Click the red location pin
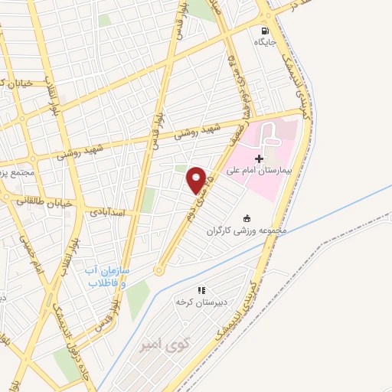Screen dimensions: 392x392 tap(197, 179)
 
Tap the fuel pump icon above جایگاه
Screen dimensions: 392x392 tap(265, 31)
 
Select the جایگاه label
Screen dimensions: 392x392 tap(265, 43)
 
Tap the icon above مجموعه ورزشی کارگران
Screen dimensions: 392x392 tap(247, 198)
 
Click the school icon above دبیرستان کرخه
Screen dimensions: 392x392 tap(202, 290)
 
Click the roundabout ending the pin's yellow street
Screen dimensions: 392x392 tap(159, 269)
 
